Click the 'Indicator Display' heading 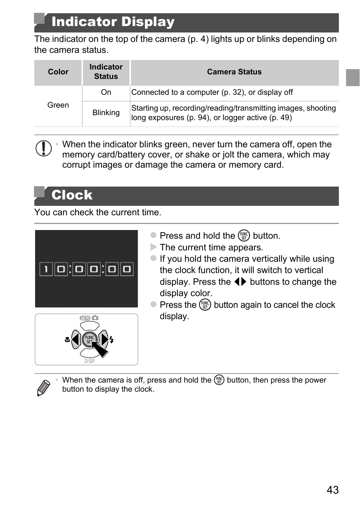(x=113, y=22)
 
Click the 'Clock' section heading (x=72, y=195)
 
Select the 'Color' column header (x=58, y=72)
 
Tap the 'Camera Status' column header (x=234, y=72)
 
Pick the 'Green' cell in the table (x=58, y=105)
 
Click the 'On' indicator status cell (x=106, y=92)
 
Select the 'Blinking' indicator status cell (x=106, y=113)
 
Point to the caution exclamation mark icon (x=44, y=148)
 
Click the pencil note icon (x=43, y=388)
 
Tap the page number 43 (x=332, y=490)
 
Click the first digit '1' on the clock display (x=46, y=269)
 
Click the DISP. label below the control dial (x=90, y=361)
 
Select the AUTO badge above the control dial (x=85, y=318)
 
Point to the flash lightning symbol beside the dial (x=112, y=340)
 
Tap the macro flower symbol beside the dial (x=67, y=340)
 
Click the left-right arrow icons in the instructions (x=240, y=282)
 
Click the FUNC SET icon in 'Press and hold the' (x=244, y=236)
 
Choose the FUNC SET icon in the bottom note (x=219, y=380)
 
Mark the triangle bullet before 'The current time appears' (x=153, y=247)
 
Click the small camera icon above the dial (x=95, y=318)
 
